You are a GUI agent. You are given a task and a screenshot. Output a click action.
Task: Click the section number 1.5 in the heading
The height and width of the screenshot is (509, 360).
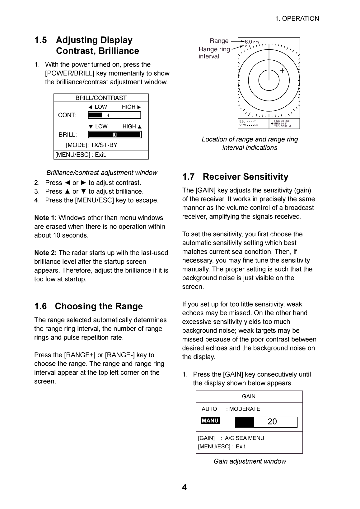[41, 40]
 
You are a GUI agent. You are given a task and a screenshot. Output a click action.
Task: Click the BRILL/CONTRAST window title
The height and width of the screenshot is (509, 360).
[101, 98]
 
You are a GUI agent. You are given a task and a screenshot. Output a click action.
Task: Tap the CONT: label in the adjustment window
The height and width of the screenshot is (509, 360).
[67, 115]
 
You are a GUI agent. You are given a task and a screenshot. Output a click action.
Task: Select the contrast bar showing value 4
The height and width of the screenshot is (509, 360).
[114, 115]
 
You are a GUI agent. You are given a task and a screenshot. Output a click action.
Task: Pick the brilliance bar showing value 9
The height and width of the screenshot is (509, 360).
[115, 135]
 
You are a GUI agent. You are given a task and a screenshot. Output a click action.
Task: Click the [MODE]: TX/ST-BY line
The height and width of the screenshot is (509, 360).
[91, 145]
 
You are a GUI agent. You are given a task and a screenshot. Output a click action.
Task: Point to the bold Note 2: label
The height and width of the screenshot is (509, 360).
[45, 253]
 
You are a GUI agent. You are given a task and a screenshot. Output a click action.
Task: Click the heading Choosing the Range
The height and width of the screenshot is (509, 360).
[99, 306]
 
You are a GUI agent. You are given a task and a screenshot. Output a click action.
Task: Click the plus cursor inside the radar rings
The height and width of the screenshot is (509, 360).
[282, 71]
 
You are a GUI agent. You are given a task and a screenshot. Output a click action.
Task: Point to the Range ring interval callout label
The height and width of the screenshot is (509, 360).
[214, 53]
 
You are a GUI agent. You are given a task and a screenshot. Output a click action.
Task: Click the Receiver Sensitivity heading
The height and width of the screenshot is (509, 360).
[245, 177]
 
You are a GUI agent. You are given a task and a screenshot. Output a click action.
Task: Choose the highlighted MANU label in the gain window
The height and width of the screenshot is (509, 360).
[210, 421]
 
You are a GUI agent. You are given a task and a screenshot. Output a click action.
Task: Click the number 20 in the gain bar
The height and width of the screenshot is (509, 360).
[272, 422]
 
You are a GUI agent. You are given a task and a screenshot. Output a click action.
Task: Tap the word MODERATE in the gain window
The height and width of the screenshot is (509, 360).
[245, 409]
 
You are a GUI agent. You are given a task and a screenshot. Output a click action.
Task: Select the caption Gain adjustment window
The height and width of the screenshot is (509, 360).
[250, 461]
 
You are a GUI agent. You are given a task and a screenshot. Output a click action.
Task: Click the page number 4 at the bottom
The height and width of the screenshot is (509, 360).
[184, 488]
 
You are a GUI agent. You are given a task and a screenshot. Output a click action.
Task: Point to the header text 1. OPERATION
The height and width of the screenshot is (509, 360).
[297, 19]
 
